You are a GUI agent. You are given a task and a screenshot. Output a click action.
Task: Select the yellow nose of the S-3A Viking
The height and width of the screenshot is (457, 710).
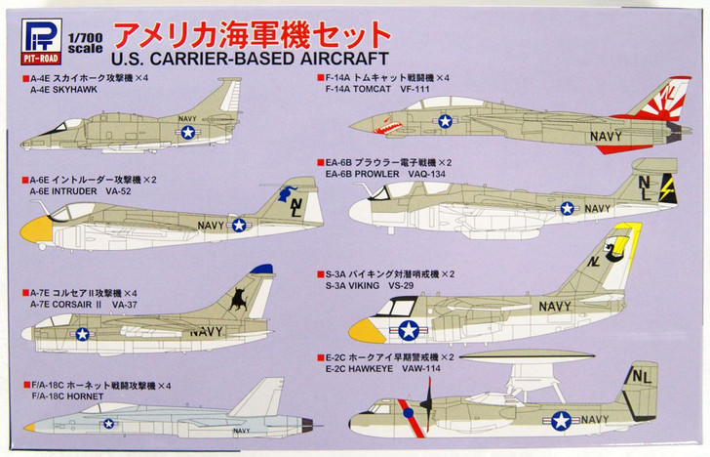pos(363,329)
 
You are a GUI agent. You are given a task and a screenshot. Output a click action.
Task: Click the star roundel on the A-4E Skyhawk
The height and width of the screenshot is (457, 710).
pos(187,132)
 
